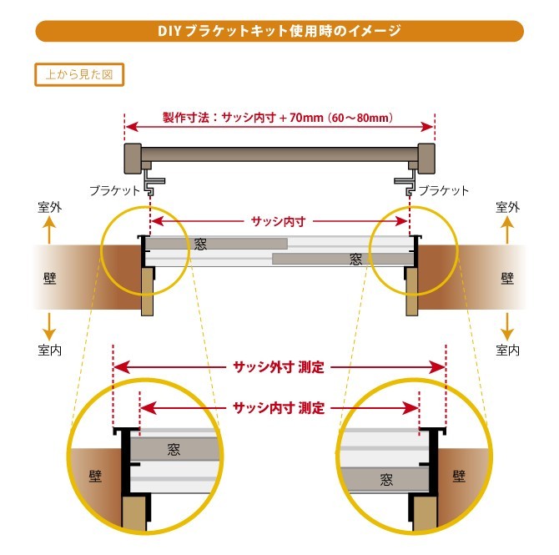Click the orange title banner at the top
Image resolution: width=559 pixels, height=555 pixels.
click(x=279, y=32)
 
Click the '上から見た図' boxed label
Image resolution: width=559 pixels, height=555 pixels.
click(x=79, y=74)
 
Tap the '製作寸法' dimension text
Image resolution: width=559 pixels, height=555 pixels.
click(x=279, y=119)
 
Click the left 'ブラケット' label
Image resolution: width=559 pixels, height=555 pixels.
click(x=116, y=190)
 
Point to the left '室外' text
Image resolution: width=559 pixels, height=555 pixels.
click(x=50, y=206)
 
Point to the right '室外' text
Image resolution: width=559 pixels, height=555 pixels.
click(x=508, y=206)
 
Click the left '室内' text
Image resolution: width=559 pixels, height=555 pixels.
click(x=50, y=350)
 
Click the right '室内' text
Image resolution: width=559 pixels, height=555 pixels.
click(x=508, y=350)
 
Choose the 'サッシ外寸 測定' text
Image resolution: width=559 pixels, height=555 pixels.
click(x=279, y=366)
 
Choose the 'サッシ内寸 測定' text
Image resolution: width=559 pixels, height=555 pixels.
click(x=279, y=408)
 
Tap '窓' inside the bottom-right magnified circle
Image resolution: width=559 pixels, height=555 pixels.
click(x=385, y=480)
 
